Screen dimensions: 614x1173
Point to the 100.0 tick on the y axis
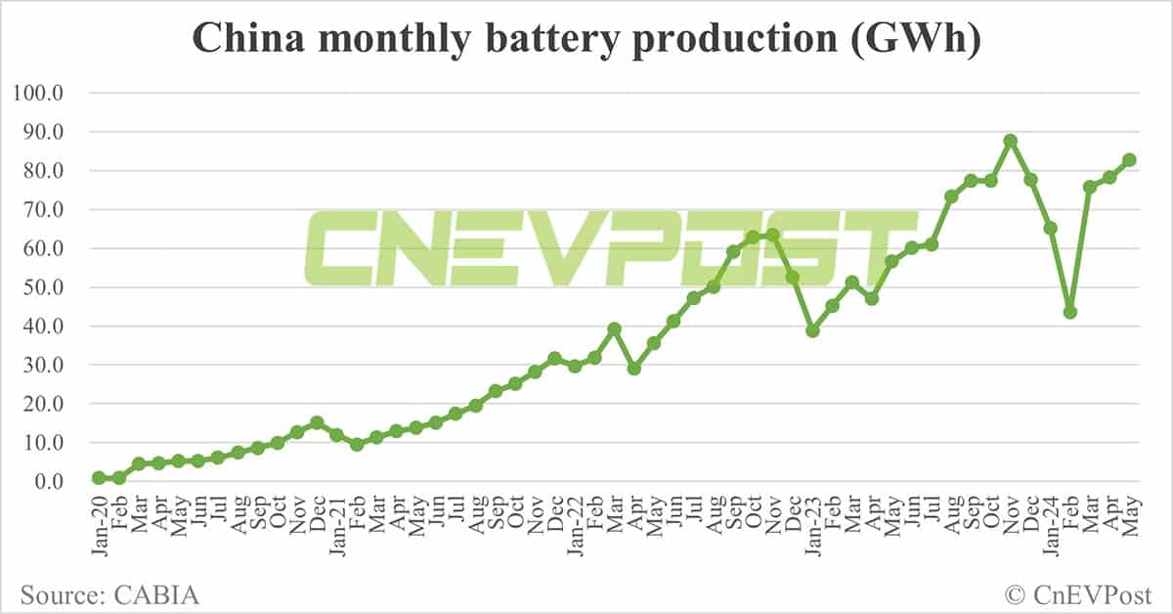point(38,94)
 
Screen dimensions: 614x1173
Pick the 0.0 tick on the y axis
point(46,482)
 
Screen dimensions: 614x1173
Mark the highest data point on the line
point(1011,141)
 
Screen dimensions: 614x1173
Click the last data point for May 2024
point(1129,159)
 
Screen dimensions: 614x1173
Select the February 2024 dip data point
point(1070,312)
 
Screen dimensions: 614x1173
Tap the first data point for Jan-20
point(99,478)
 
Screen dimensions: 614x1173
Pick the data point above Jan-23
point(812,330)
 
